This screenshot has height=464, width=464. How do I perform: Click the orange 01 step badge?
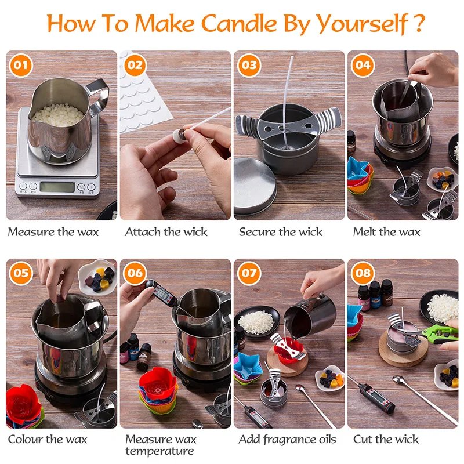(21, 65)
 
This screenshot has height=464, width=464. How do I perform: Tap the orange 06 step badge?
(135, 273)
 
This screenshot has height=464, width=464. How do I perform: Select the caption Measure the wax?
(53, 232)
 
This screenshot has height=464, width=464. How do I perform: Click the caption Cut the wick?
(386, 439)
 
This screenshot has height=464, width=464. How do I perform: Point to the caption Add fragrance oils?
(287, 439)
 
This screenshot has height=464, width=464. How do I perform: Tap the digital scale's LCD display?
(57, 187)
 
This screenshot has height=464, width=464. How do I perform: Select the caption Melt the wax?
(386, 232)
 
